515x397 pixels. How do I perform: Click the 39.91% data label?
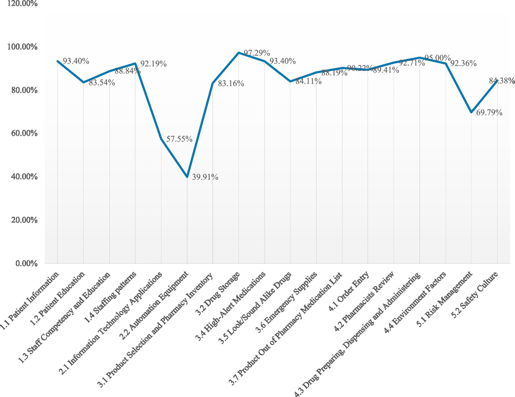205,177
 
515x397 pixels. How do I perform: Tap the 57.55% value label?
179,139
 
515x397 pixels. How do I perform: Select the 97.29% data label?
257,53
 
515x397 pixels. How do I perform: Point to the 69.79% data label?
489,112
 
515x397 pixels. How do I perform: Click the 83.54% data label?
102,83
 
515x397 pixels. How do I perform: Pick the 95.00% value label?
437,58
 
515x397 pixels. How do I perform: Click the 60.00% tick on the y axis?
22,133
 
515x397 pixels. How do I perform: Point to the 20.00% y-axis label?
22,220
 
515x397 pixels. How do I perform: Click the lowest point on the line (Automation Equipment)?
187,177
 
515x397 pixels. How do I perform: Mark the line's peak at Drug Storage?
239,53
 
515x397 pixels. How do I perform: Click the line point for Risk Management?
471,112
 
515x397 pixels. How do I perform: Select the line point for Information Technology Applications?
161,139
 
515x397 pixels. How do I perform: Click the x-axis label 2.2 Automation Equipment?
155,305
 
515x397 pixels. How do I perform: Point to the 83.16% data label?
231,84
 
